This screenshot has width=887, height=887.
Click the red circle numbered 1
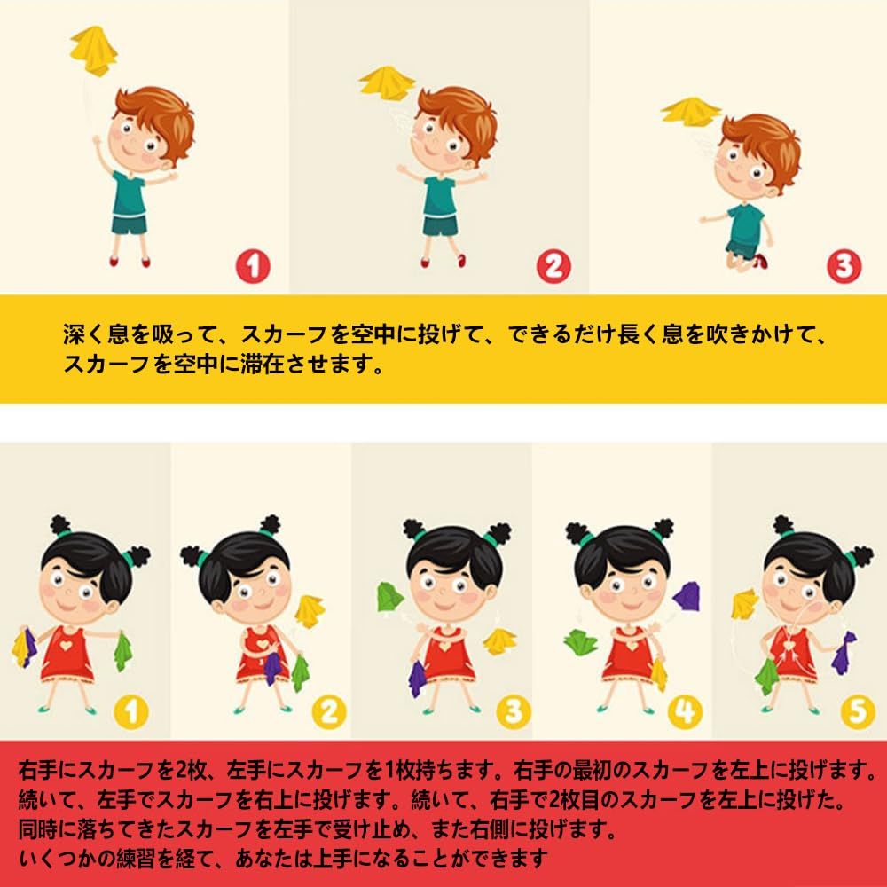(253, 266)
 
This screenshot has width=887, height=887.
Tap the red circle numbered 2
(553, 266)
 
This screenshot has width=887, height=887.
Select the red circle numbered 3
(844, 266)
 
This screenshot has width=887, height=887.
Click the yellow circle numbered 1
(130, 711)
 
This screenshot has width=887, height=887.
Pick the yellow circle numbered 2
(329, 711)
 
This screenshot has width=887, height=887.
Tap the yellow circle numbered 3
(513, 711)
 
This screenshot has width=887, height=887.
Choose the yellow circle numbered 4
(685, 711)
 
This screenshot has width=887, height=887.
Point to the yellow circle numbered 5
(858, 711)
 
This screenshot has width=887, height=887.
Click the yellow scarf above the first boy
(93, 50)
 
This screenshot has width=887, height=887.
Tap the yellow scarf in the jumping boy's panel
(691, 112)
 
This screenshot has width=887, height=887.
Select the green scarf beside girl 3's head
(390, 597)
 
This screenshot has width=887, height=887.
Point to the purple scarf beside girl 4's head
(687, 595)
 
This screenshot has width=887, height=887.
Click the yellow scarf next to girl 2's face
(310, 611)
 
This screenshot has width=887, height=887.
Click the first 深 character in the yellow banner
(74, 334)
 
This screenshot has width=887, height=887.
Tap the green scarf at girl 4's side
(581, 642)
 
